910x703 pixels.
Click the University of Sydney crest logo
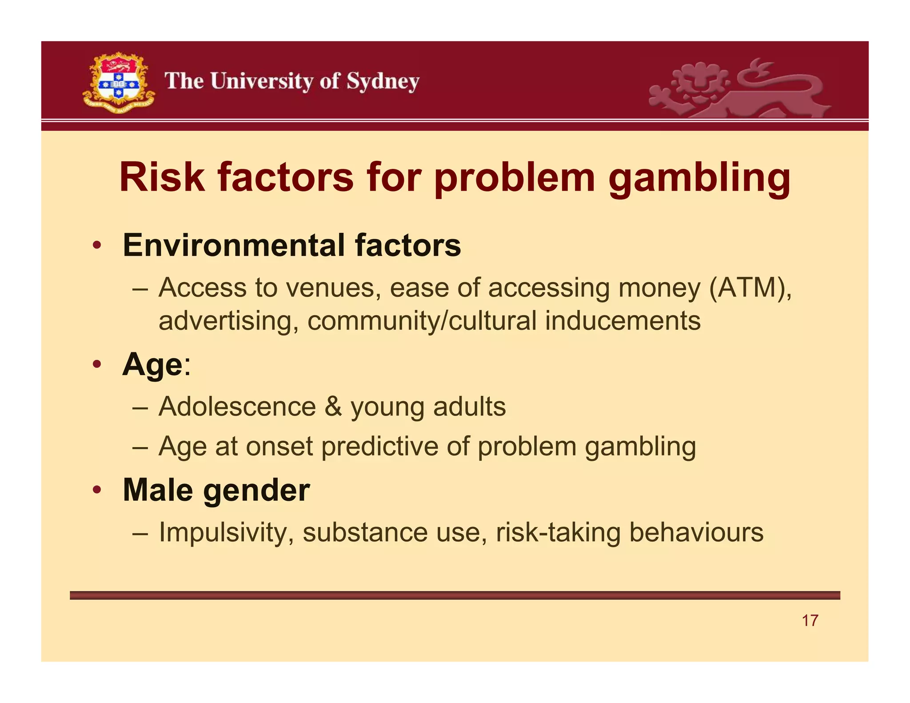[118, 83]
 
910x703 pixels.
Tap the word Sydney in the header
[383, 82]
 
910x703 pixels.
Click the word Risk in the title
[162, 177]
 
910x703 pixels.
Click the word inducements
[623, 321]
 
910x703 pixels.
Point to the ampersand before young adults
[333, 407]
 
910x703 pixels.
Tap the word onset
[279, 446]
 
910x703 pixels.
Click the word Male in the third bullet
[158, 490]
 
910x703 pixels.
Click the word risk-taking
[558, 532]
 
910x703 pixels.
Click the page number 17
[810, 620]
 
